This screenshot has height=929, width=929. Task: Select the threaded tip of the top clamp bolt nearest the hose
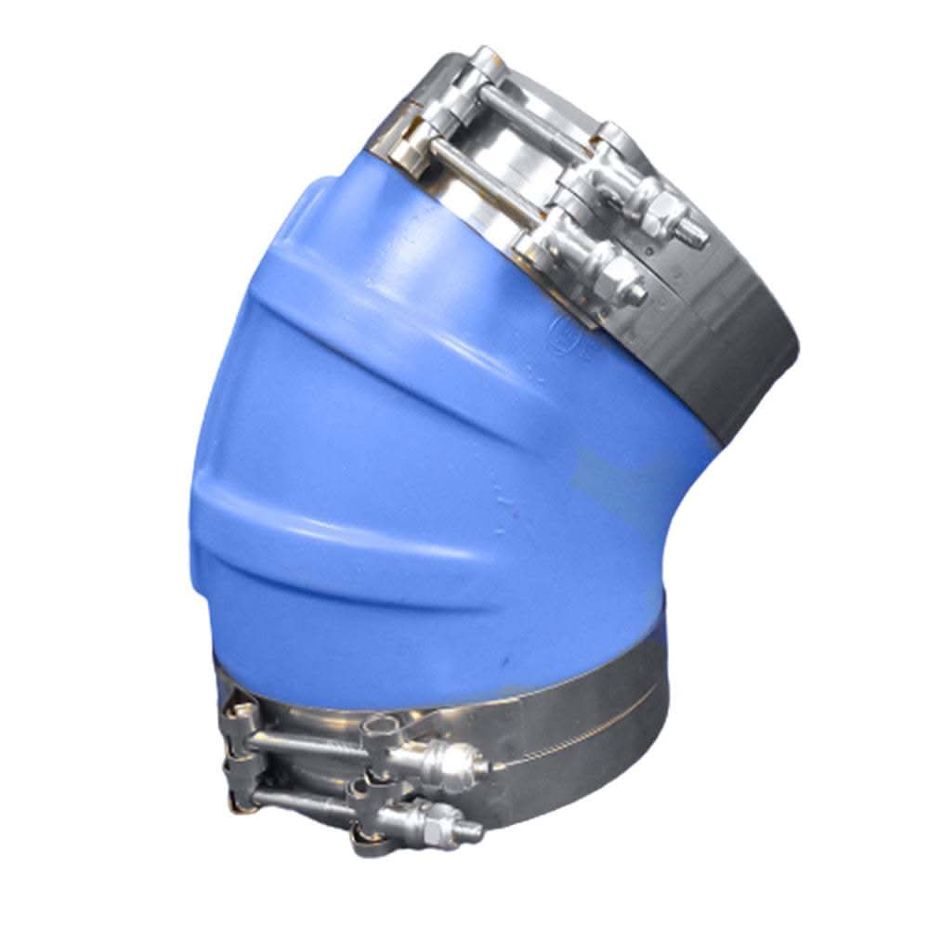tap(641, 294)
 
